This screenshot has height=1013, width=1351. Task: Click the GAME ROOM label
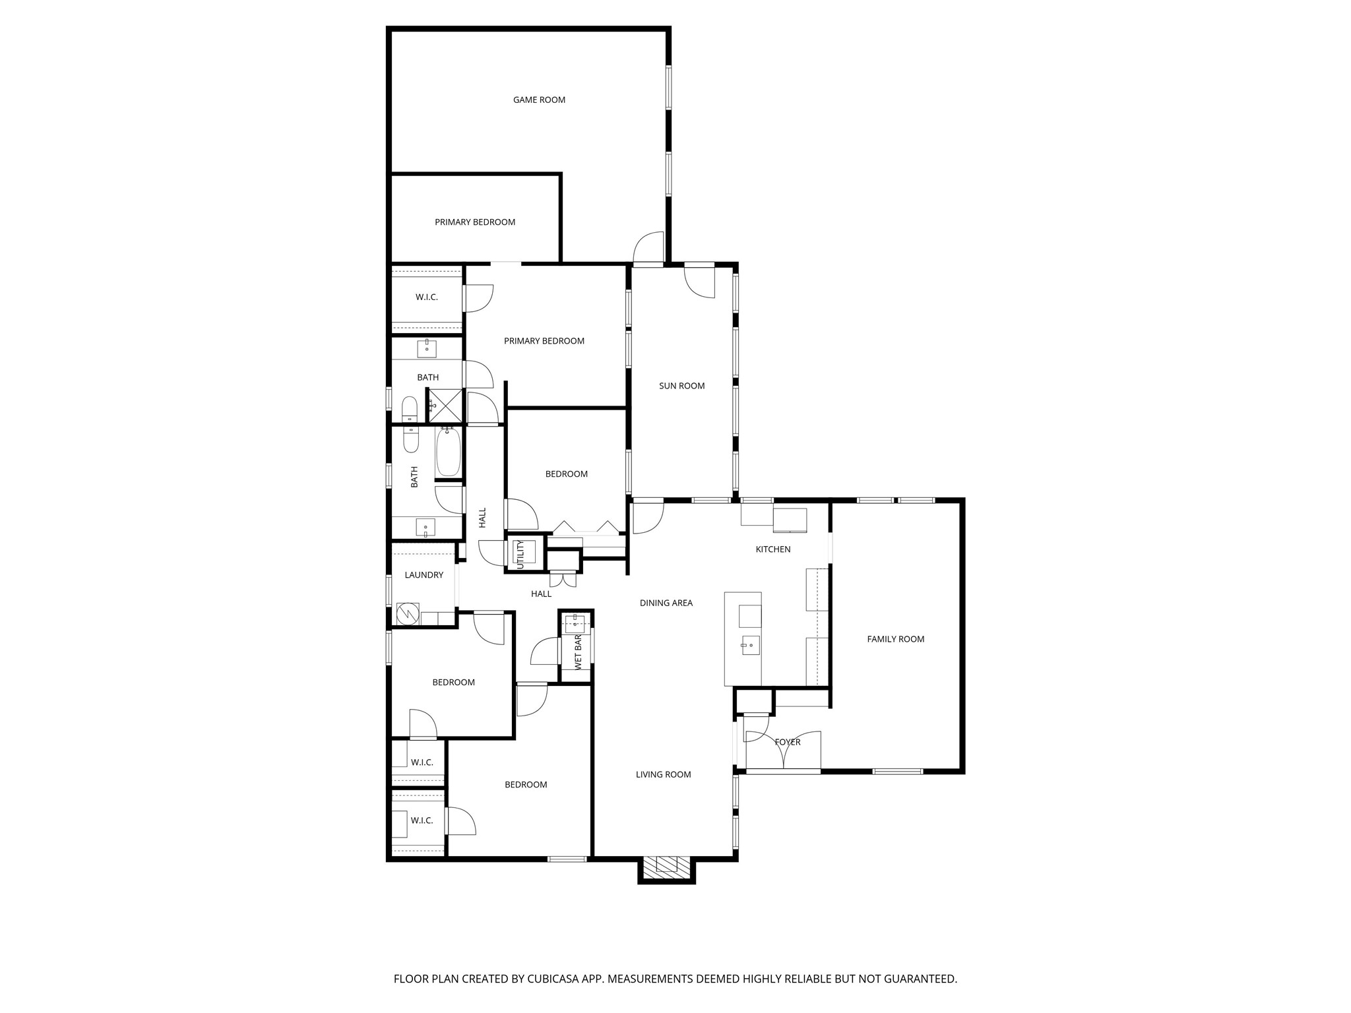point(539,100)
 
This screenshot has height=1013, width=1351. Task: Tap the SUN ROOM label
point(681,386)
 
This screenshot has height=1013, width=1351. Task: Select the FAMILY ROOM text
point(895,639)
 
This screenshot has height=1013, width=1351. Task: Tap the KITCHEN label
point(772,549)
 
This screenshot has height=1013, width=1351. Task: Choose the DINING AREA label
point(666,603)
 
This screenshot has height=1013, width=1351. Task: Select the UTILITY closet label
point(520,554)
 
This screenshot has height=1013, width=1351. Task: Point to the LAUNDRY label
point(424,575)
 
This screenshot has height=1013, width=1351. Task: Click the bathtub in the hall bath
point(449,452)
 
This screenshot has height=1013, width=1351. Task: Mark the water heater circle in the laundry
point(408,614)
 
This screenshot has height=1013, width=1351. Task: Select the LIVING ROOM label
point(663,775)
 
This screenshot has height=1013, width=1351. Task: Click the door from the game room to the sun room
point(648,249)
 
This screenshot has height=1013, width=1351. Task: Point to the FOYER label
point(787,743)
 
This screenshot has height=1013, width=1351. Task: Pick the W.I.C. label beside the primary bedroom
point(426,297)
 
